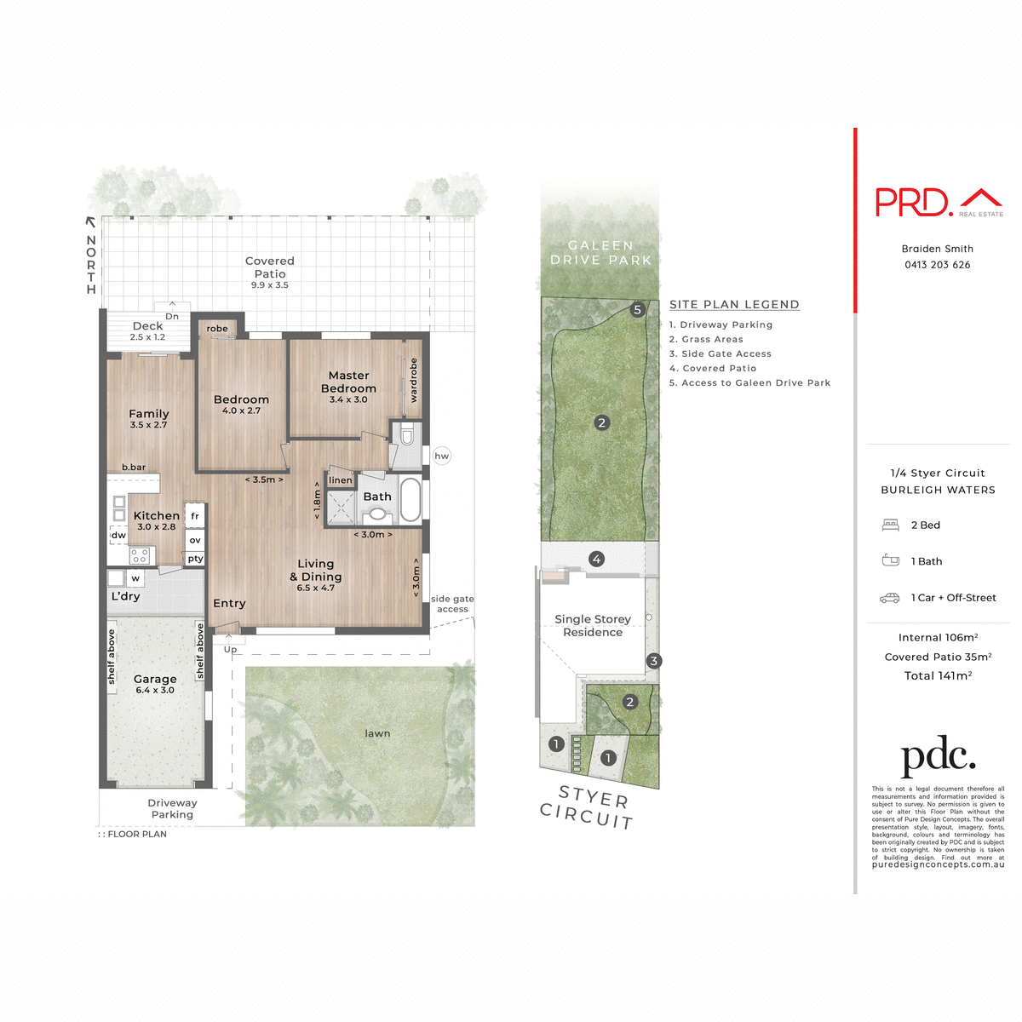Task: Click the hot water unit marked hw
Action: click(441, 456)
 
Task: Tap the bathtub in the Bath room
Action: click(411, 499)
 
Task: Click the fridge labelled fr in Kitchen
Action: click(195, 516)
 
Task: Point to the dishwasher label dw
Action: click(118, 535)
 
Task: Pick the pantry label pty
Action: click(195, 559)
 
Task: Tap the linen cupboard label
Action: click(340, 480)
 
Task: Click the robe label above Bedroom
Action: click(217, 329)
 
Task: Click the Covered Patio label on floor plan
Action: click(269, 267)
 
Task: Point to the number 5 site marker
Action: click(637, 310)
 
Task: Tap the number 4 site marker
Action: click(597, 560)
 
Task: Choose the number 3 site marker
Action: click(653, 661)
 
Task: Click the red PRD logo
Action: click(913, 202)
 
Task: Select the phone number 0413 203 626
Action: click(937, 265)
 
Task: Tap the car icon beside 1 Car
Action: click(890, 598)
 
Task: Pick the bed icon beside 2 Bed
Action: click(890, 525)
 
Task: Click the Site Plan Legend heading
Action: click(734, 304)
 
